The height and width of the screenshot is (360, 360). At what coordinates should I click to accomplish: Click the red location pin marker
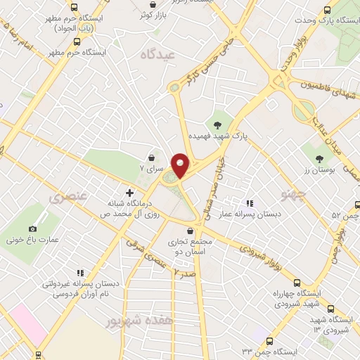tap(180, 165)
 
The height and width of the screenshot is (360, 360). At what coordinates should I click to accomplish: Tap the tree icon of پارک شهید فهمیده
tap(218, 115)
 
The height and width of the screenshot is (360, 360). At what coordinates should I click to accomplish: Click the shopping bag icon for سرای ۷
tap(152, 158)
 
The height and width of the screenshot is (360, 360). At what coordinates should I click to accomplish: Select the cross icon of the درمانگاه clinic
tap(129, 192)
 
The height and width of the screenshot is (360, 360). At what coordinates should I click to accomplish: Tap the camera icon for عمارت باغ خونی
tap(33, 229)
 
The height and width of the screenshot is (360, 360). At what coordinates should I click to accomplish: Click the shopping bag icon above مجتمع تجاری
tap(191, 231)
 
